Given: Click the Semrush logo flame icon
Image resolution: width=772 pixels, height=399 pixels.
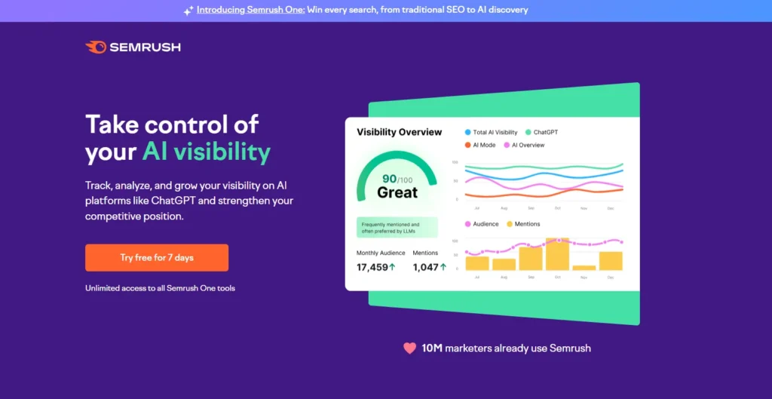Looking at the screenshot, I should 96,48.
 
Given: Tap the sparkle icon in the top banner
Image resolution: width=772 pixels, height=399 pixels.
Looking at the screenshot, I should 188,11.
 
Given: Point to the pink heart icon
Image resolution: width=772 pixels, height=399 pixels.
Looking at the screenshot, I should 409,348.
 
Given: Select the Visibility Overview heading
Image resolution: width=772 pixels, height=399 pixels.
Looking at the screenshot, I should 399,132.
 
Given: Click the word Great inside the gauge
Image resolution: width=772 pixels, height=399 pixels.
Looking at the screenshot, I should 397,192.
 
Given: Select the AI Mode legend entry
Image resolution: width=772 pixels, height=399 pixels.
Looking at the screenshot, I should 483,145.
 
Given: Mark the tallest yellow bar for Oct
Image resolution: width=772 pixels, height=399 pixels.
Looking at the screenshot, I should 557,254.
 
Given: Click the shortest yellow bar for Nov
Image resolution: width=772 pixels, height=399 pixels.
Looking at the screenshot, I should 584,267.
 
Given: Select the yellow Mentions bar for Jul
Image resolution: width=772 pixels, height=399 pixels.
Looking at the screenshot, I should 477,263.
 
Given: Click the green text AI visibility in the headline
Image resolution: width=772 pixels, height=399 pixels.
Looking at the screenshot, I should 206,152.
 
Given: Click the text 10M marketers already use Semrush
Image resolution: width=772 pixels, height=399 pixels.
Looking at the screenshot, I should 506,348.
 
